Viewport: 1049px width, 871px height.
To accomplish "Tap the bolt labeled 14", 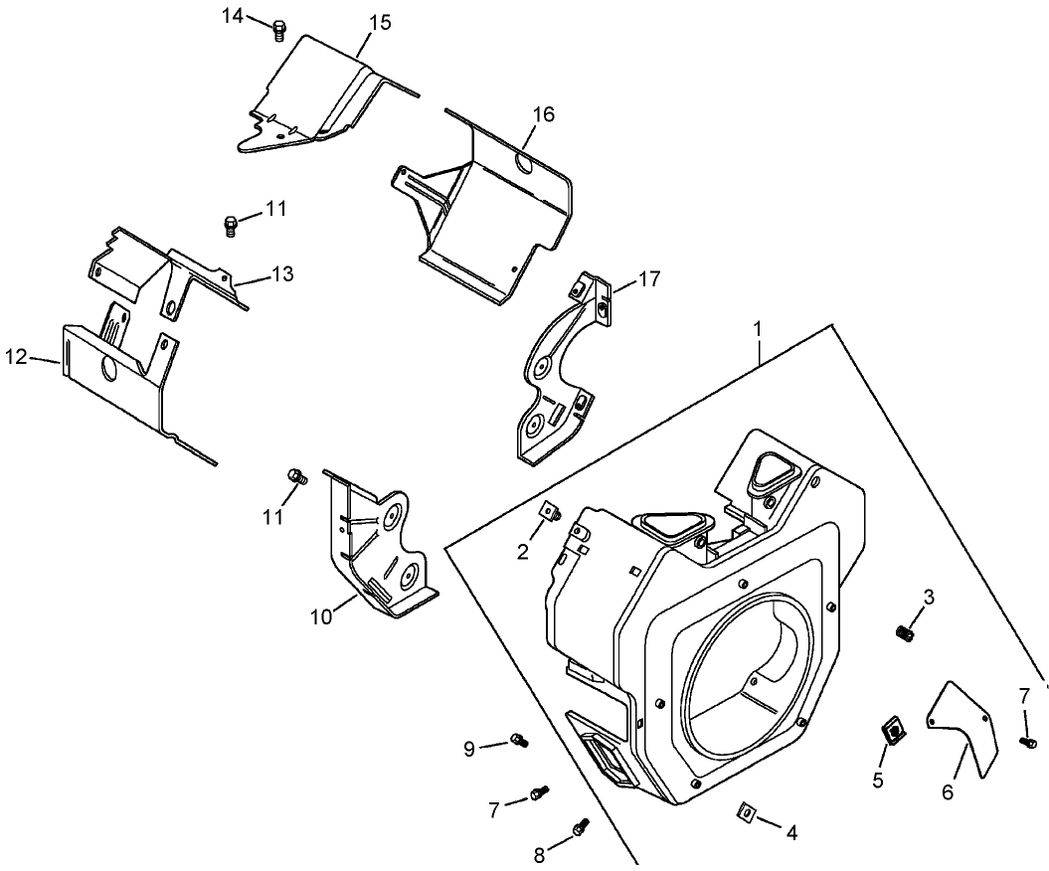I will pyautogui.click(x=279, y=30).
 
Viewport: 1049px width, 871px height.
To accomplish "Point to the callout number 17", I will pyautogui.click(x=648, y=279).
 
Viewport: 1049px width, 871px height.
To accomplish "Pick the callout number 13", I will pyautogui.click(x=281, y=274).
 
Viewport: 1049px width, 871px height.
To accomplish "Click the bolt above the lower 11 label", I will pyautogui.click(x=295, y=476).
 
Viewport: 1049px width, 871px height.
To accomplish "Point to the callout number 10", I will pyautogui.click(x=320, y=616).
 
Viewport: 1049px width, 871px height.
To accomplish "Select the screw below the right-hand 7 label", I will pyautogui.click(x=1028, y=740).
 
